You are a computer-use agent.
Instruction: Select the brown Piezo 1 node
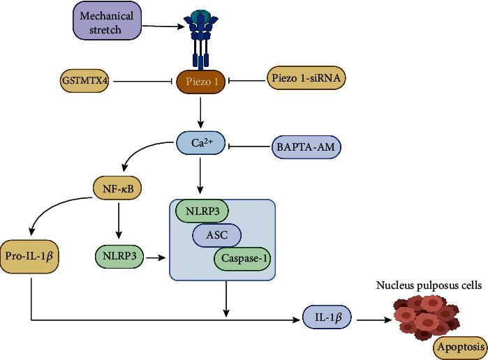click(x=202, y=82)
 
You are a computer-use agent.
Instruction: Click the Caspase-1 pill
click(x=243, y=258)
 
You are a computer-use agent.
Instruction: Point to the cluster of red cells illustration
click(x=419, y=317)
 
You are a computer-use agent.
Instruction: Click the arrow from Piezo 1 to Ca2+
click(x=202, y=112)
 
